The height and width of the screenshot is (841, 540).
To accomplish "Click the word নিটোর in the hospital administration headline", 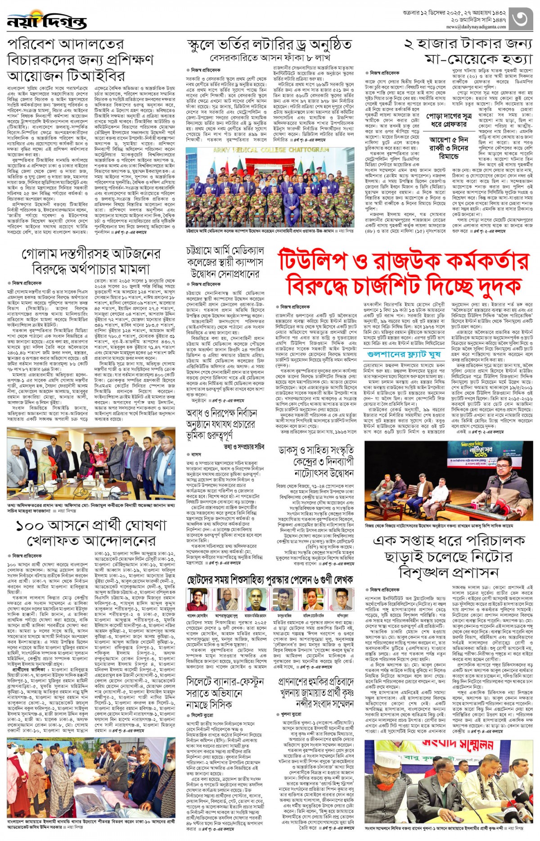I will click(x=493, y=556).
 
